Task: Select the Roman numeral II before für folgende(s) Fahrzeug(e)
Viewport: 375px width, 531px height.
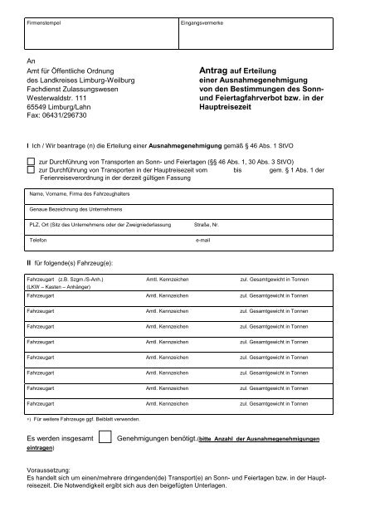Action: click(x=29, y=262)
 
